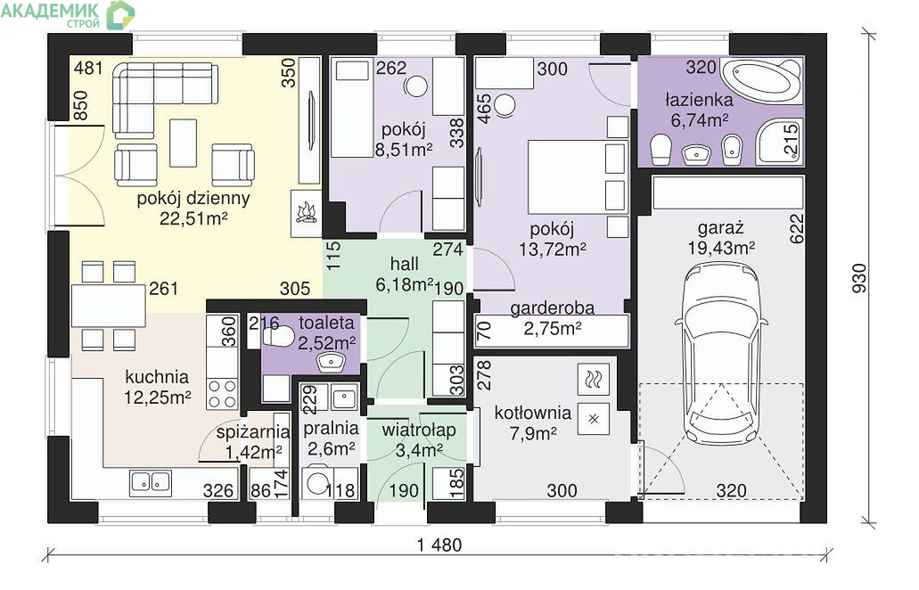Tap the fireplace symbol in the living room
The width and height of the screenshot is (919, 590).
point(306,213)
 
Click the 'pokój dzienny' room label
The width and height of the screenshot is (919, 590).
point(193,198)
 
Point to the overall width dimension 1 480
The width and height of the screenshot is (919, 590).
point(439,545)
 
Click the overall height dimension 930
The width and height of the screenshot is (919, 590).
point(858,278)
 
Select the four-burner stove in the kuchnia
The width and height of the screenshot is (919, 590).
point(223,394)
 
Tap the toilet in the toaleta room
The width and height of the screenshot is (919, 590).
point(277,338)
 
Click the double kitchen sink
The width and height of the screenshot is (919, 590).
point(151,481)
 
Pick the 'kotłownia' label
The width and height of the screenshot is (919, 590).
point(533,413)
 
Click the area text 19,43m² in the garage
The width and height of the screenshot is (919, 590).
point(721,248)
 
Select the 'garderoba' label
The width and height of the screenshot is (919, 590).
point(552,308)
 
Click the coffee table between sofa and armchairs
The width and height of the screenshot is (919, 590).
point(184,143)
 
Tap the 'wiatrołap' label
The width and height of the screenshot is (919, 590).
point(418,430)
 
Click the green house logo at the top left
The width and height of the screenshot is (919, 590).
point(120,14)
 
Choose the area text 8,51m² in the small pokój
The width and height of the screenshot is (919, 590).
point(404,150)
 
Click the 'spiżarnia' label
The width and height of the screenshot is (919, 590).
point(253,432)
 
